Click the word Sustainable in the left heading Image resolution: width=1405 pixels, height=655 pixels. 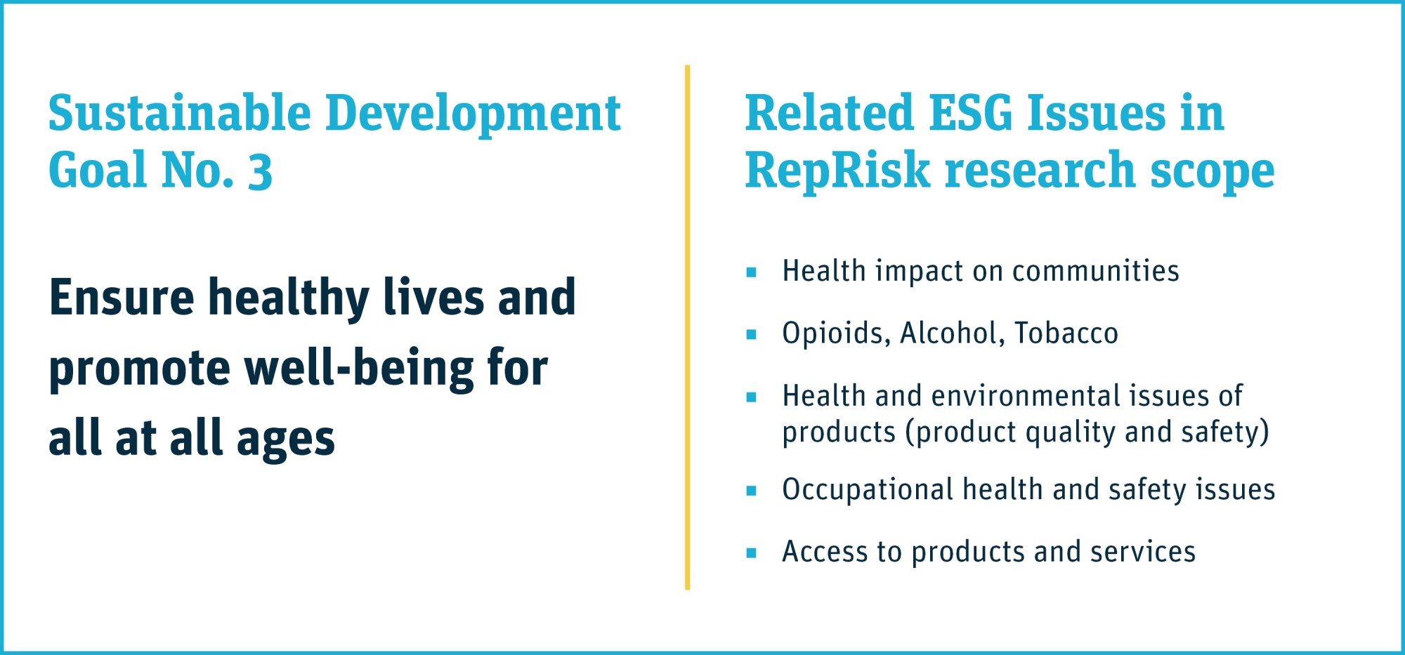click(x=180, y=113)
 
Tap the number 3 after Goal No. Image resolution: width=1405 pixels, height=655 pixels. click(x=260, y=171)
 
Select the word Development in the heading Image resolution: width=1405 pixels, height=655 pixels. click(x=473, y=113)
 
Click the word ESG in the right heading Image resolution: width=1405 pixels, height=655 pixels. click(x=970, y=113)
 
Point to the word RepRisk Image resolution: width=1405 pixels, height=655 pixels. click(x=837, y=170)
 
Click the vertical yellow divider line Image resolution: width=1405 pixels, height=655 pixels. click(x=687, y=327)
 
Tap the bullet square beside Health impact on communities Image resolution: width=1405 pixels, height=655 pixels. click(x=751, y=272)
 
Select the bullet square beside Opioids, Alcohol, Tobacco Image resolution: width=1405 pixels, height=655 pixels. click(x=751, y=334)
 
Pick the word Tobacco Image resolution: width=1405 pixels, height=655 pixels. click(x=1066, y=333)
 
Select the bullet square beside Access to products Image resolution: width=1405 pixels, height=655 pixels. click(x=751, y=553)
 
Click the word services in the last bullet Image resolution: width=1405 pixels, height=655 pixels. click(x=1143, y=552)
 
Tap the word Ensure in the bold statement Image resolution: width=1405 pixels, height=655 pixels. click(x=122, y=297)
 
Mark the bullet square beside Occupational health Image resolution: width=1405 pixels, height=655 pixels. click(x=751, y=491)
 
